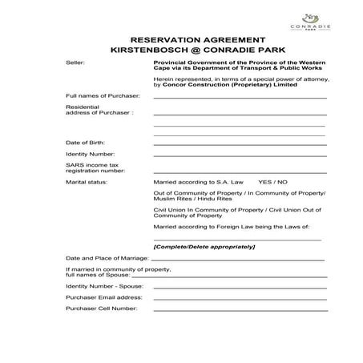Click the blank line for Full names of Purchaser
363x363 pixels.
pyautogui.click(x=239, y=97)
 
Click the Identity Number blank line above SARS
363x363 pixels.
pyautogui.click(x=239, y=155)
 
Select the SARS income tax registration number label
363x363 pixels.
pyautogui.click(x=95, y=167)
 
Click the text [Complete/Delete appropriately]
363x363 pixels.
pyautogui.click(x=204, y=246)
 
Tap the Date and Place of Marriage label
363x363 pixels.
pyautogui.click(x=107, y=259)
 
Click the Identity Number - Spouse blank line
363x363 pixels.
pyautogui.click(x=239, y=286)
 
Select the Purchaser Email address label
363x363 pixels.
pyautogui.click(x=103, y=296)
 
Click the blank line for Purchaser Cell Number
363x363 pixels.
pyautogui.click(x=239, y=309)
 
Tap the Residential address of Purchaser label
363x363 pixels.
pyautogui.click(x=99, y=110)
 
